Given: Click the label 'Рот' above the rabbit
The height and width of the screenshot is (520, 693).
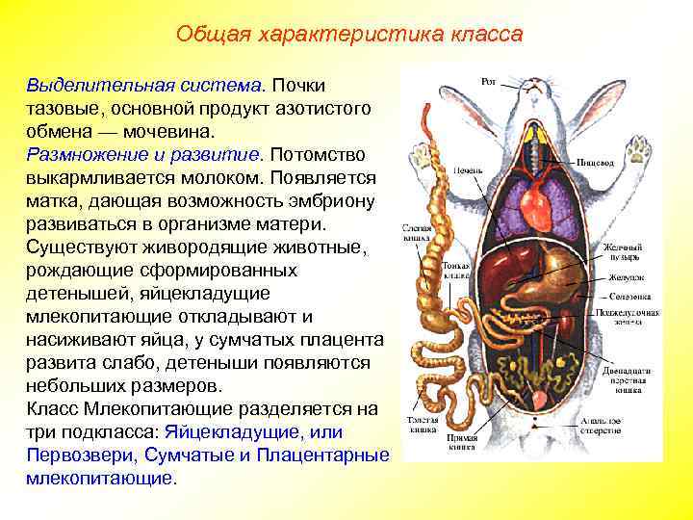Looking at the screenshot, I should tap(488, 83).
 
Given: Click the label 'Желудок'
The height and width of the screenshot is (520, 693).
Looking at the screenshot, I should tap(622, 275).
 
